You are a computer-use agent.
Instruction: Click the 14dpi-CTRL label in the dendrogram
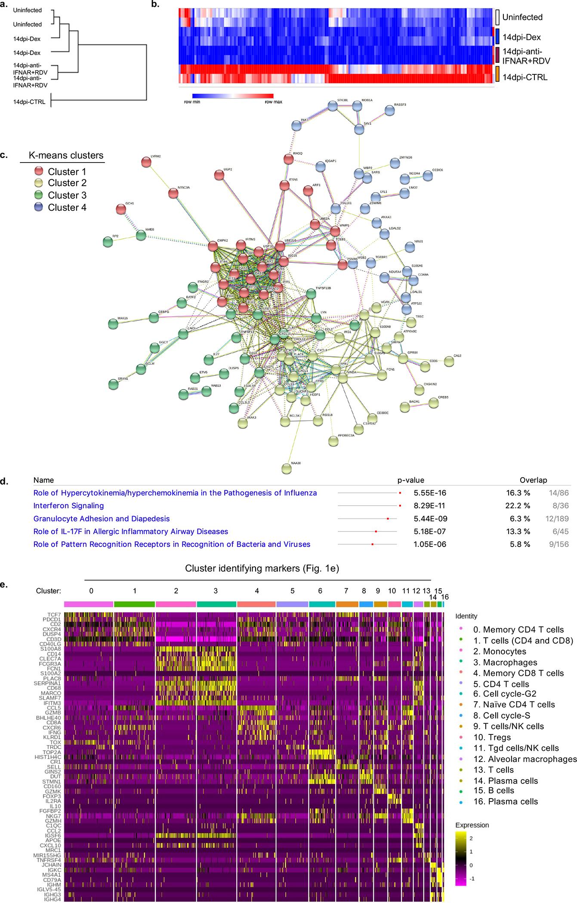click(x=29, y=102)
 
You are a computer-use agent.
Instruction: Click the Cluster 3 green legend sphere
click(x=40, y=195)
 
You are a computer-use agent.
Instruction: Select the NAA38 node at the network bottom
click(x=287, y=468)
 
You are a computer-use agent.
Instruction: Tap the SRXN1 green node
click(x=114, y=384)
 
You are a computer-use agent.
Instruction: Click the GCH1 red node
click(x=121, y=209)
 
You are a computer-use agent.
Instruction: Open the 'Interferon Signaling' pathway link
click(x=68, y=506)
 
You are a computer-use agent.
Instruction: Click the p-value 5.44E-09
click(x=430, y=519)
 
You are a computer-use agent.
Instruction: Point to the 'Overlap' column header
click(x=533, y=480)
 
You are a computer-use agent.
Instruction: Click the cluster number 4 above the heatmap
click(x=257, y=591)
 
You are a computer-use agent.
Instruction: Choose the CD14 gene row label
click(x=55, y=654)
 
